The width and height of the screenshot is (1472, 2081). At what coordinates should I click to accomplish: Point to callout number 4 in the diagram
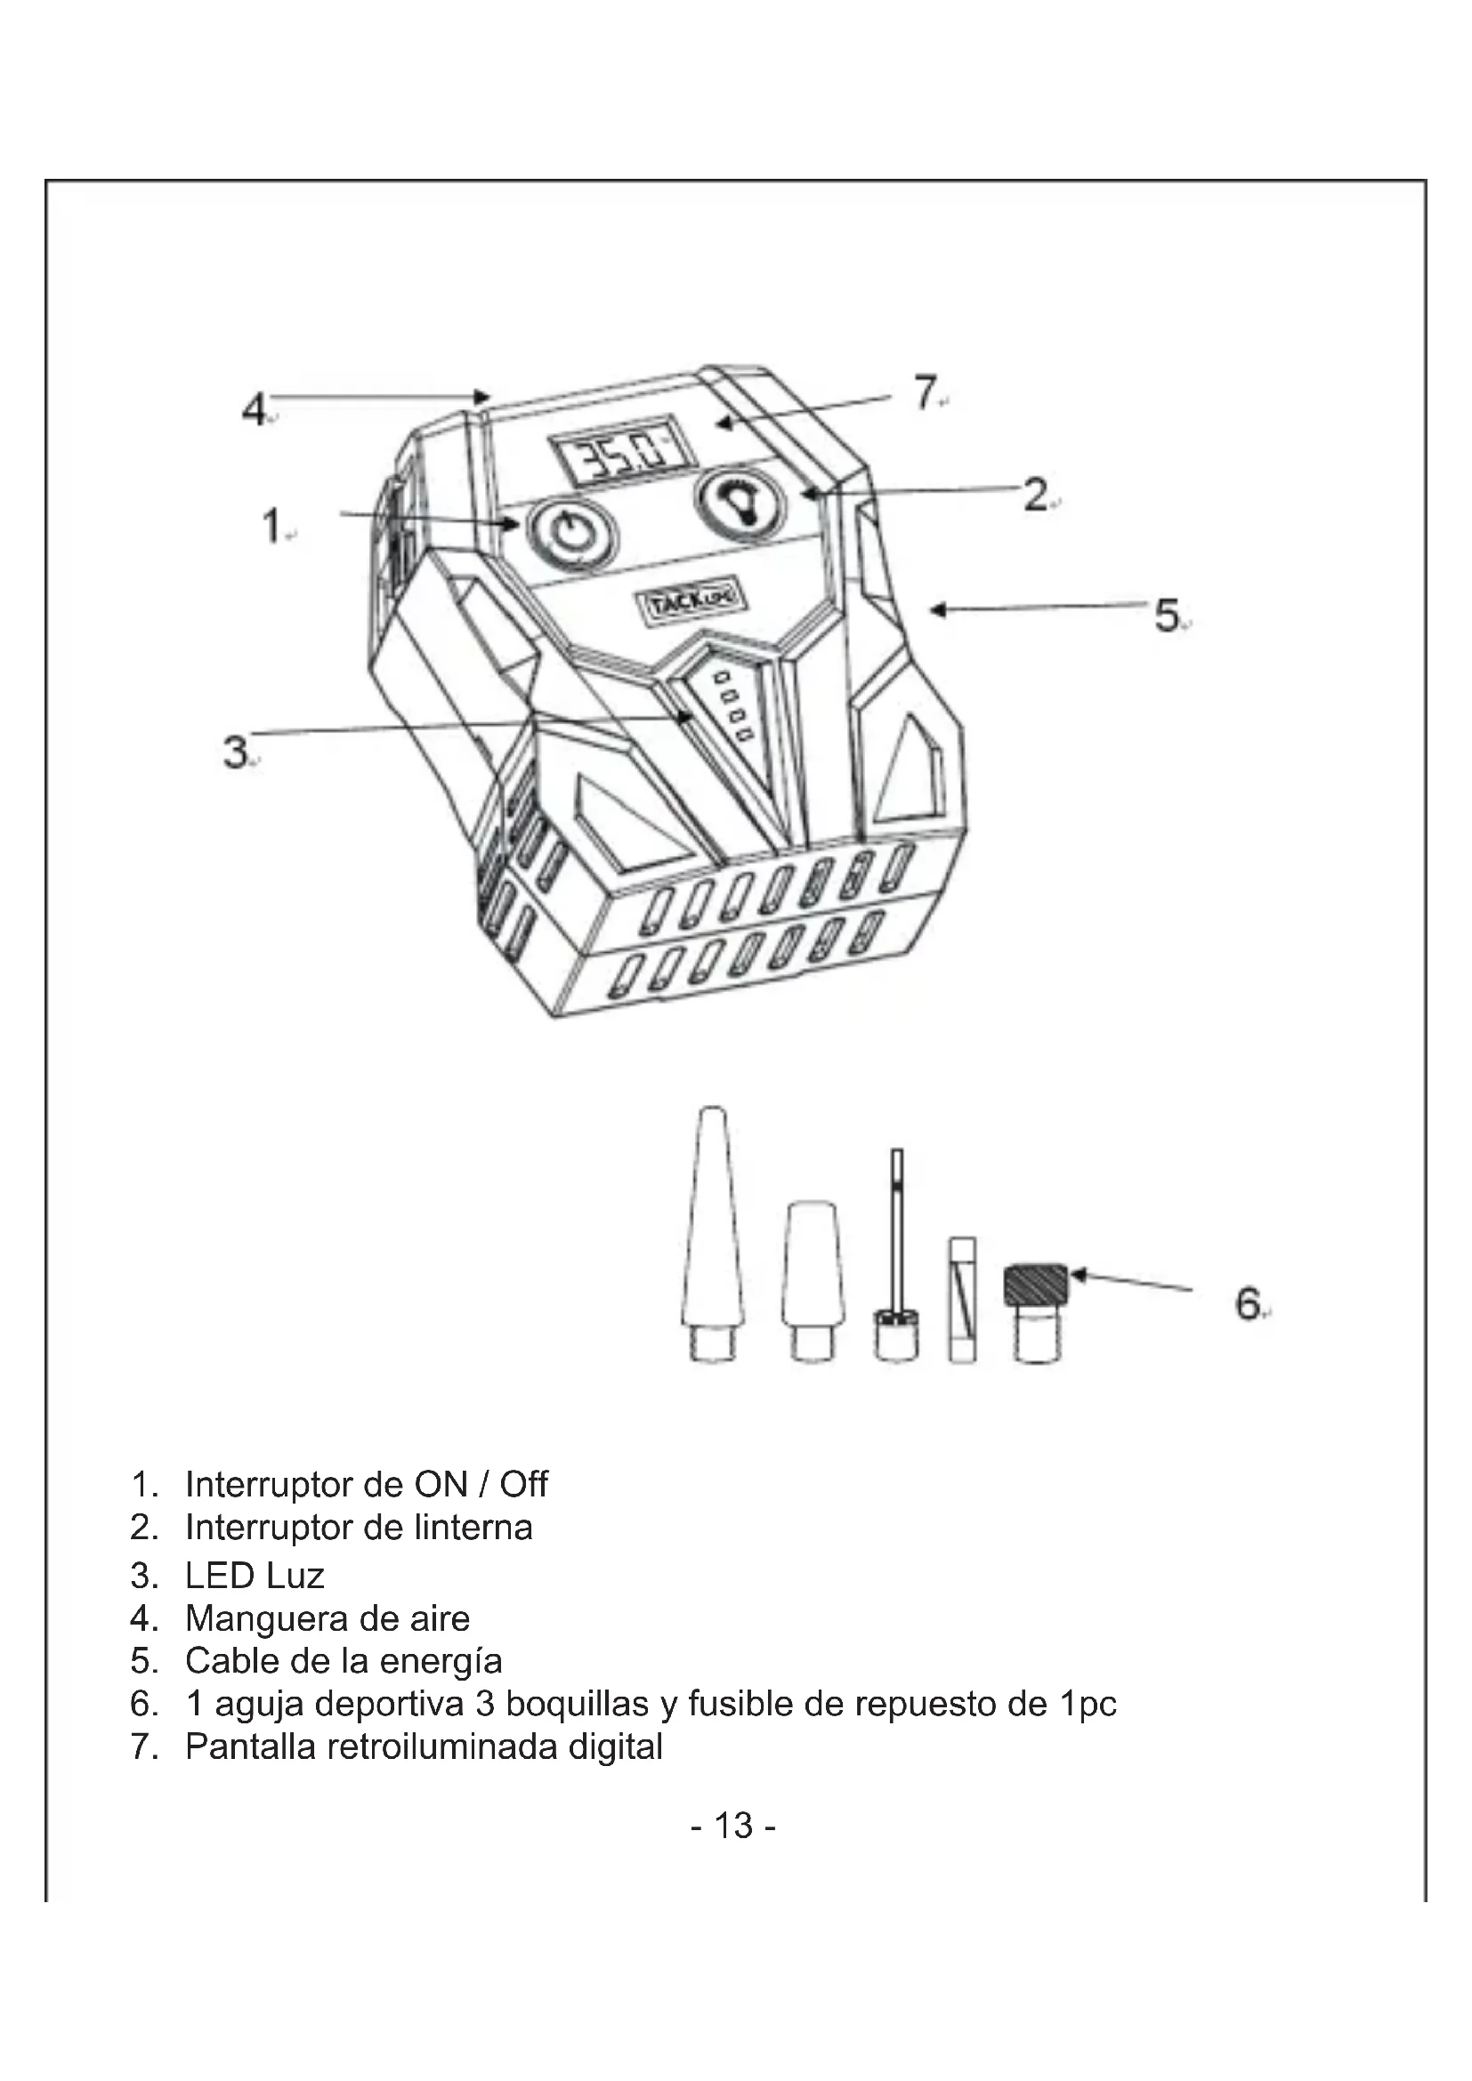254,410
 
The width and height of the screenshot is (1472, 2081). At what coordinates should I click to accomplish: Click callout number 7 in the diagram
924,393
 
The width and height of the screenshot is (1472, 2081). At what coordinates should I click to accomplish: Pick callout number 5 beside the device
1167,617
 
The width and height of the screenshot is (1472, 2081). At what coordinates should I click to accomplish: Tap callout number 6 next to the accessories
1247,1304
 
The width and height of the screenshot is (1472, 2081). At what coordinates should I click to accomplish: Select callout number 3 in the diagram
236,752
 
